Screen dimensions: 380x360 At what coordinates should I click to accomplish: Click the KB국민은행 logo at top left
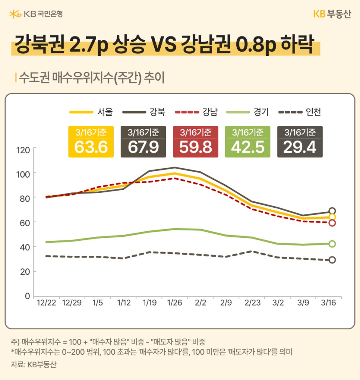[36, 14]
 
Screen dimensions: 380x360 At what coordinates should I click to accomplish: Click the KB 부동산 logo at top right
[332, 14]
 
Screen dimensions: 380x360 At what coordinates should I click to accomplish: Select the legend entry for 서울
[91, 111]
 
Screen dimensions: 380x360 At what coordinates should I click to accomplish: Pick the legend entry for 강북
[143, 111]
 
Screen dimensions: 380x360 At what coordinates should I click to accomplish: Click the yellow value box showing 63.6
[91, 142]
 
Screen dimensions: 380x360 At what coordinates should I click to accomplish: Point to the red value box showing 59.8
[196, 142]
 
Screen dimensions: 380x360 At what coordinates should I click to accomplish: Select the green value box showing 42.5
[248, 142]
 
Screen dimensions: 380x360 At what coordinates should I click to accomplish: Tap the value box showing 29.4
[300, 142]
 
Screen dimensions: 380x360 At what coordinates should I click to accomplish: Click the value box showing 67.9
[143, 142]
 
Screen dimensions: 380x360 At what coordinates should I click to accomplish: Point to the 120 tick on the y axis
[23, 150]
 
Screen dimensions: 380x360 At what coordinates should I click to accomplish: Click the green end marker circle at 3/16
[332, 244]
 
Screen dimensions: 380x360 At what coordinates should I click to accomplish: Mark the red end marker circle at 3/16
[332, 223]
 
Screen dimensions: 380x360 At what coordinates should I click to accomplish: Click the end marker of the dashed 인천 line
[332, 260]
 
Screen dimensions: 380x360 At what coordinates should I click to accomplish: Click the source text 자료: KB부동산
[34, 364]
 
